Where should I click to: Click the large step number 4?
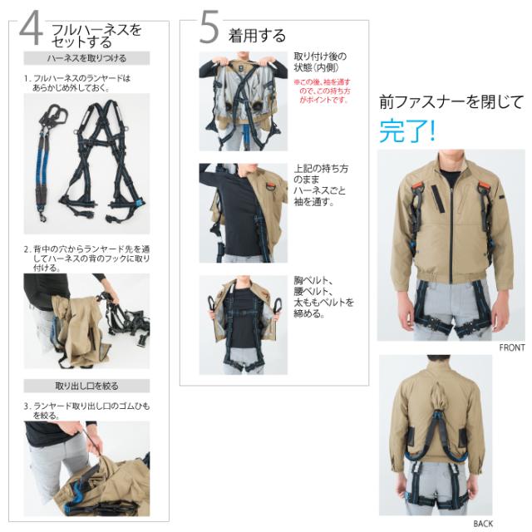click(32, 28)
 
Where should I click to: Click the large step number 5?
click(209, 27)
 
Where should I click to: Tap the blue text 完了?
click(406, 131)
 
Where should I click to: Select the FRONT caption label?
click(512, 347)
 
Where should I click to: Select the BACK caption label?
click(483, 524)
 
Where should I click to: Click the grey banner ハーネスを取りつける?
click(86, 58)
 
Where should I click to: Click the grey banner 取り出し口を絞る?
click(86, 386)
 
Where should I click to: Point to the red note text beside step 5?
click(322, 91)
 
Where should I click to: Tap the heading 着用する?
click(257, 36)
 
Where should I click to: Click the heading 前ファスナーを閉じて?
click(451, 102)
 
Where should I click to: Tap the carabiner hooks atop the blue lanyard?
click(53, 116)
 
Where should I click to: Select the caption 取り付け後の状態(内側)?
click(319, 62)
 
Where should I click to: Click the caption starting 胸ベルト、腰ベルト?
click(323, 297)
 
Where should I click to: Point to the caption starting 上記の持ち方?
click(321, 185)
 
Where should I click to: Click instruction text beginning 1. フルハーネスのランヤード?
click(77, 83)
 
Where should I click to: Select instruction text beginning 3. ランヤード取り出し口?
click(86, 411)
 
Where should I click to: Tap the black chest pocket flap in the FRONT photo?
click(437, 199)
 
